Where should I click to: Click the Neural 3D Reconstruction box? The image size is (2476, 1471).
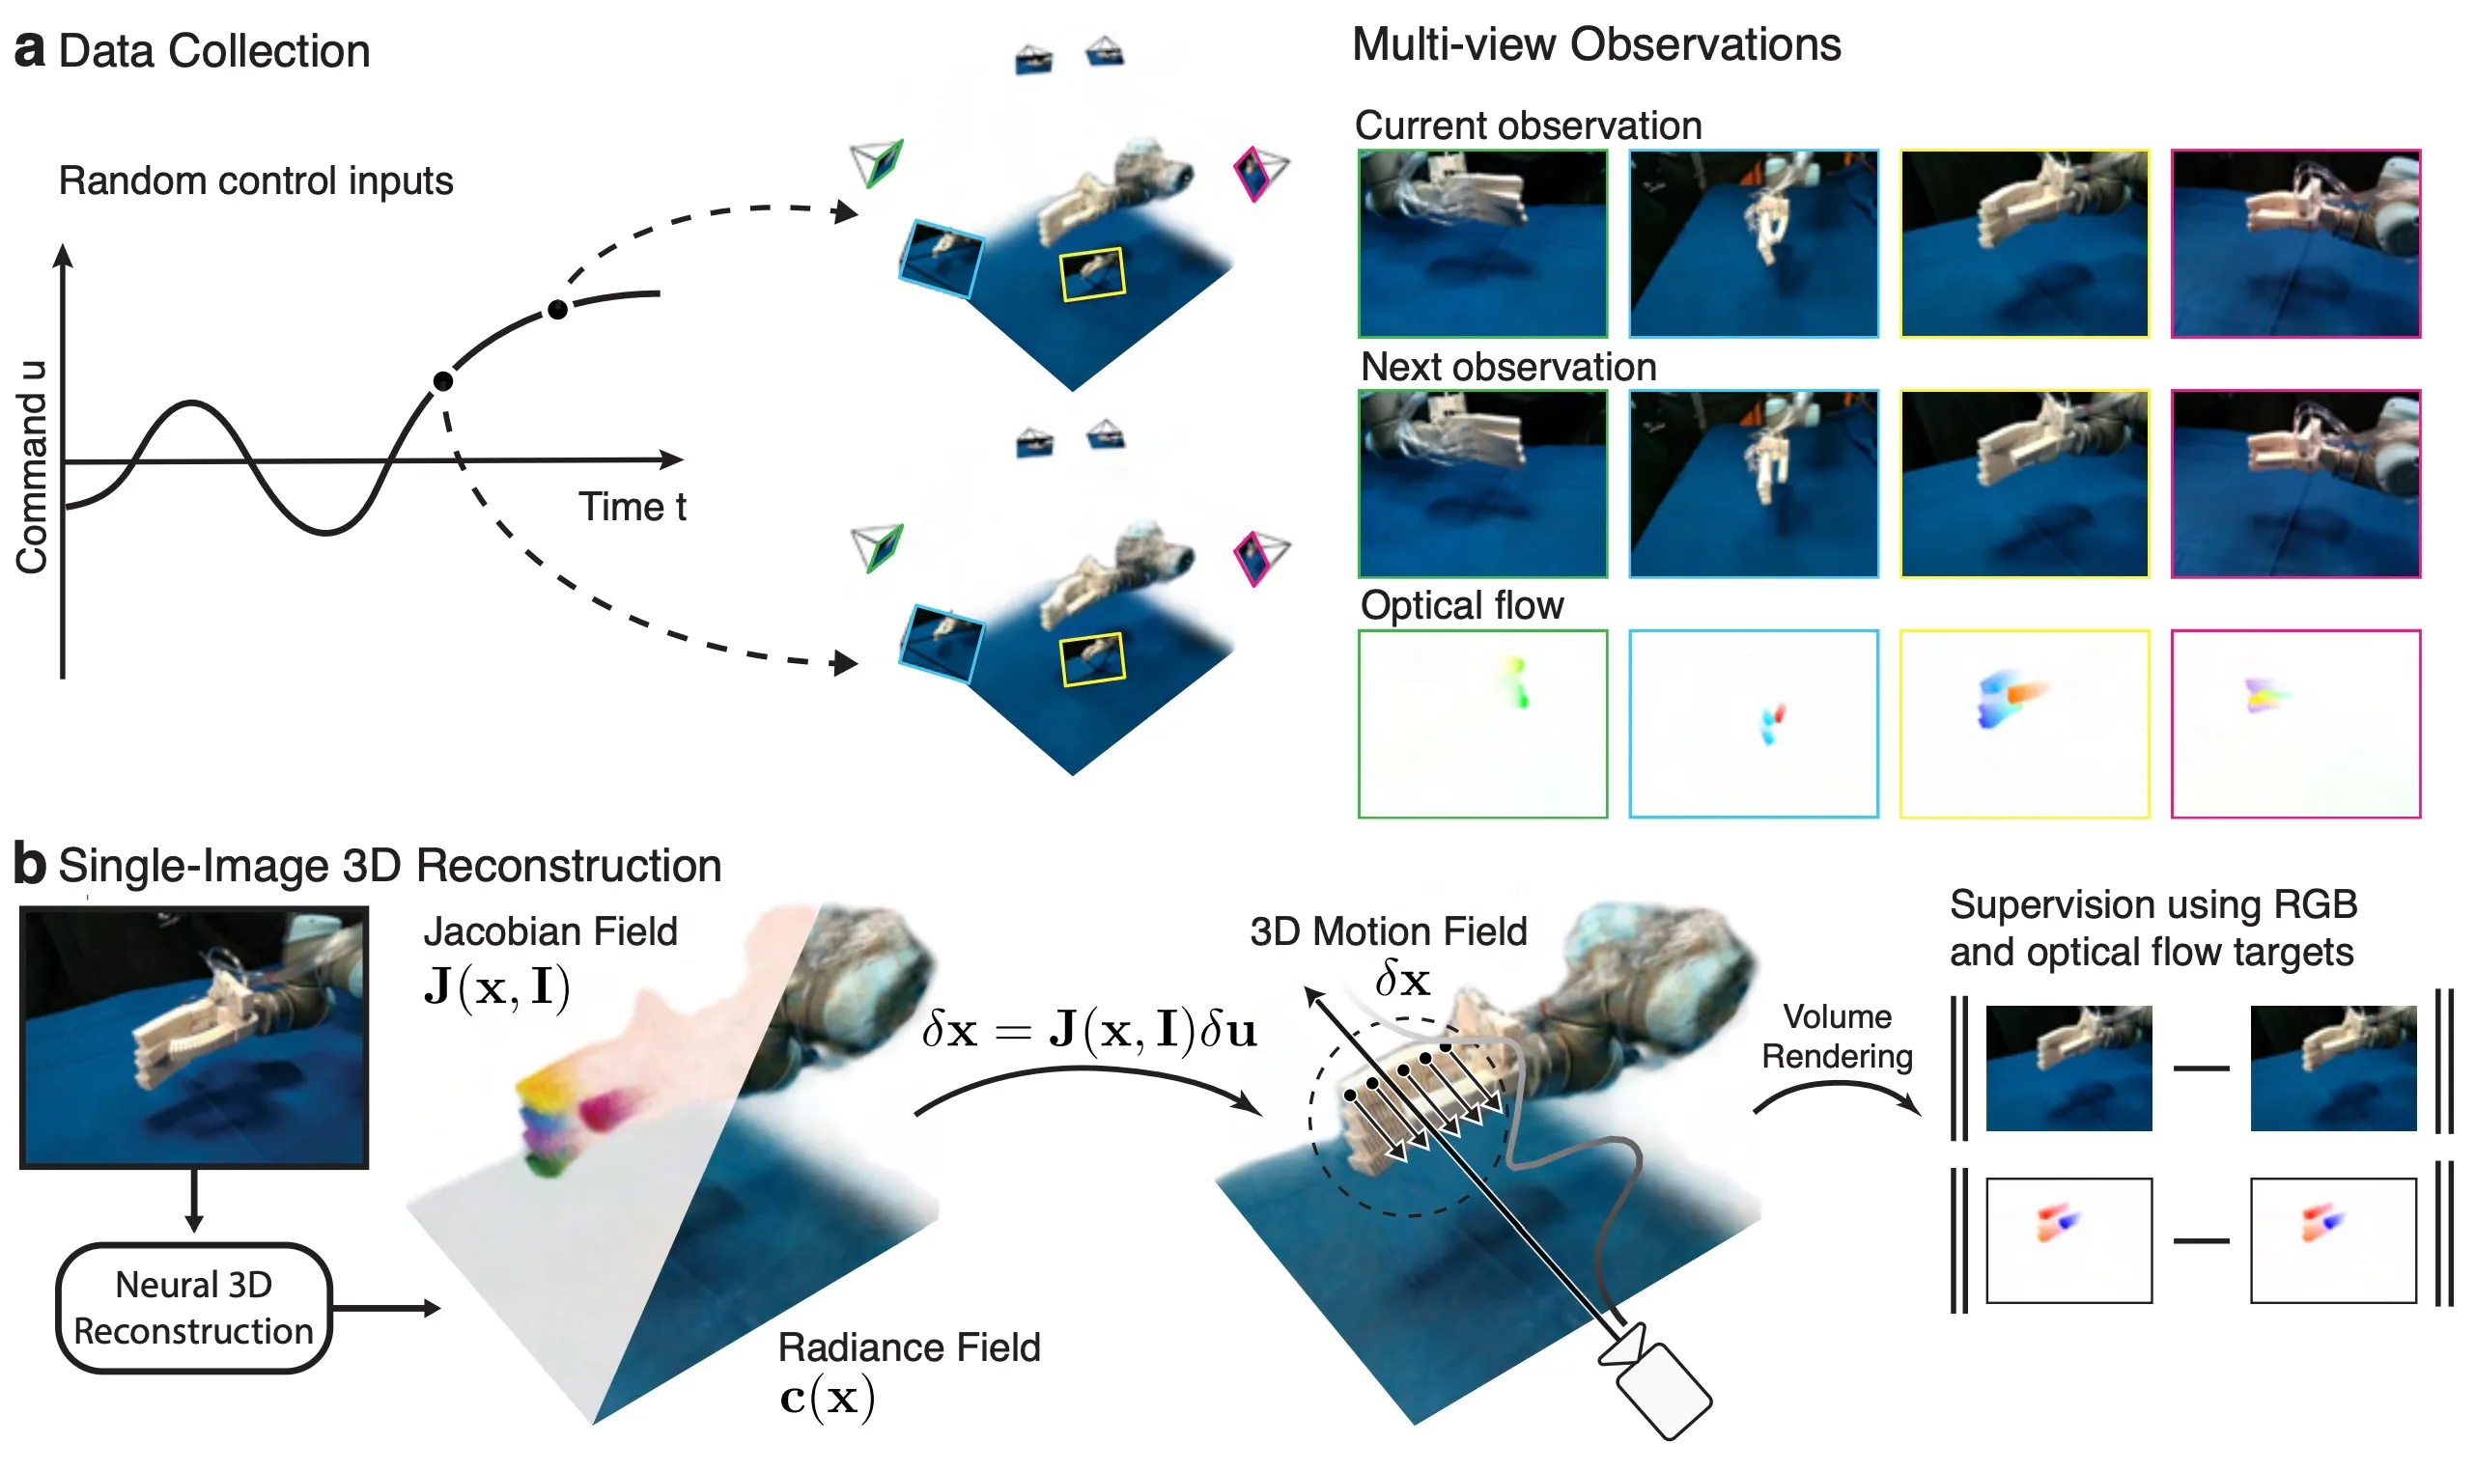point(193,1308)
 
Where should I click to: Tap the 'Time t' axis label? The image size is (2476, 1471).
point(632,507)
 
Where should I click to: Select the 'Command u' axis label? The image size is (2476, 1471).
point(32,466)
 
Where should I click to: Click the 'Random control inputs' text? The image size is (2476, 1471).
point(255,181)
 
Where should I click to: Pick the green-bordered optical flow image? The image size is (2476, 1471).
point(1481,724)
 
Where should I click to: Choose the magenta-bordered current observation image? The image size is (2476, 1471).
point(2294,244)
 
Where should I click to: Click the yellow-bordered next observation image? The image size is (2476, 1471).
point(2023,484)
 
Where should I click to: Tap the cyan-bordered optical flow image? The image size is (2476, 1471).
point(1752,724)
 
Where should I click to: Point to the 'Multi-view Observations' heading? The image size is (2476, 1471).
point(1595,45)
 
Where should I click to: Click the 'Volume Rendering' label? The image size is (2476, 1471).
point(1837,1036)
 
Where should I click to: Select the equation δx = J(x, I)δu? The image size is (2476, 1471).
point(1087,1030)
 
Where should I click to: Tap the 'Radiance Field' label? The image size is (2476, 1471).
point(909,1347)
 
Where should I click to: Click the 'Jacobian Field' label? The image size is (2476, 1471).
point(550,931)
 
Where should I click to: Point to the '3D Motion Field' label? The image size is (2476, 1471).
point(1388,931)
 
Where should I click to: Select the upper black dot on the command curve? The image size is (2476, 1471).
point(557,310)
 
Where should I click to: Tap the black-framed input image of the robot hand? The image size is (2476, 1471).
point(194,1037)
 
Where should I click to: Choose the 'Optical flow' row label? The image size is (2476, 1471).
point(1461,605)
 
